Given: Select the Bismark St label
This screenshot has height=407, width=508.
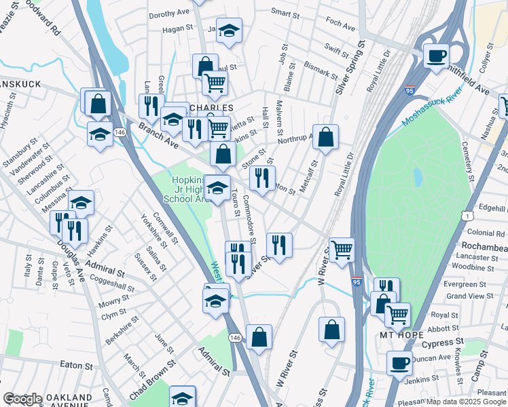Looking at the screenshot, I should click(x=321, y=69).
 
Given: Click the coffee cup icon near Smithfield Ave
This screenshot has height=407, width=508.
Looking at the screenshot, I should click(x=436, y=55).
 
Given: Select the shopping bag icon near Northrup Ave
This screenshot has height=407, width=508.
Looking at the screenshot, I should click(x=326, y=136).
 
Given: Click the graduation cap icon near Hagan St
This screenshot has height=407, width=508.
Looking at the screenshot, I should click(x=230, y=30).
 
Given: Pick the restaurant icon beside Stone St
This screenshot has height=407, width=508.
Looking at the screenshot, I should click(x=262, y=178).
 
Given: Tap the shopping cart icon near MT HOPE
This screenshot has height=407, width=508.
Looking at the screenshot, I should click(x=397, y=314).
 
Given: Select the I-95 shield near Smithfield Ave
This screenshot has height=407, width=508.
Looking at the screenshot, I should click(x=410, y=90).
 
